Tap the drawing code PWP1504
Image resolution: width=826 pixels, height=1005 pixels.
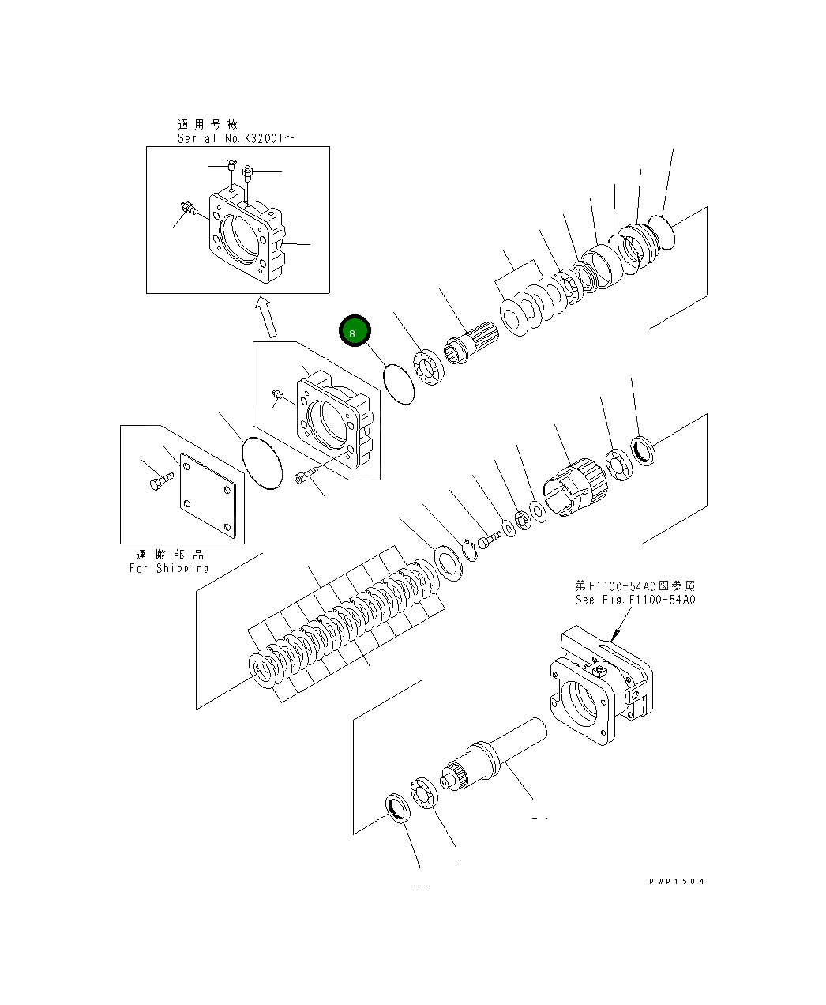(x=676, y=881)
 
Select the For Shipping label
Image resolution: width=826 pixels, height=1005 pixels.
(x=169, y=568)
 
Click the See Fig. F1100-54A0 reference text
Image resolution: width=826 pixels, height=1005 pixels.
(x=634, y=600)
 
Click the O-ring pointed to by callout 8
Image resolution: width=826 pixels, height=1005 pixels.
(x=400, y=383)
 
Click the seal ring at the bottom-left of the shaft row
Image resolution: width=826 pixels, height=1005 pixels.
(x=398, y=810)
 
